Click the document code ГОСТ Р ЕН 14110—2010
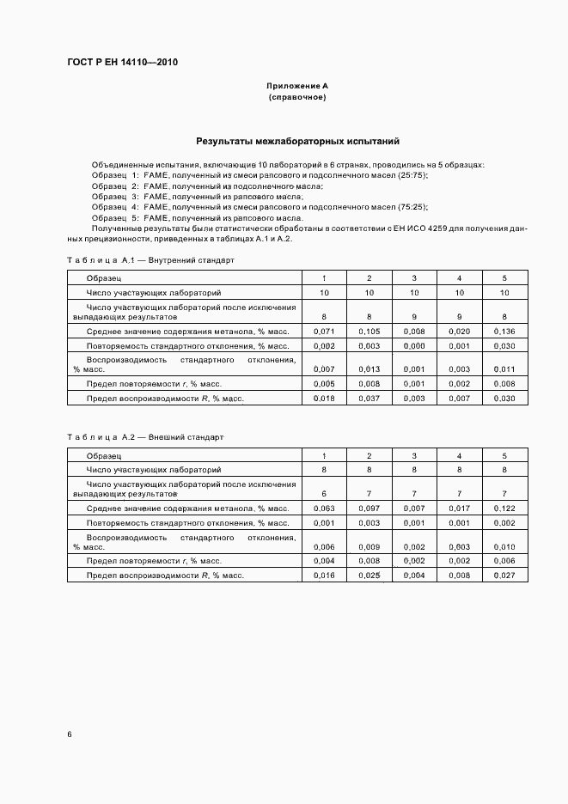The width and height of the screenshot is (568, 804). point(122,62)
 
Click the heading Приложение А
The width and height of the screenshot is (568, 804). point(297,87)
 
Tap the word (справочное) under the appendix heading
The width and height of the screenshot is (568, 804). point(297,98)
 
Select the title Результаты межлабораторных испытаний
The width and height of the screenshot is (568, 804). point(297,141)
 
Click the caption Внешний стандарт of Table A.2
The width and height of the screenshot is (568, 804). point(186,437)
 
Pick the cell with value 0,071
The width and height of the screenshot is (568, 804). point(323,331)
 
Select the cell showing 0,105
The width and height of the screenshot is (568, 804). point(369,331)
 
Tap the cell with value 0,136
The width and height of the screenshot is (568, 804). point(504,331)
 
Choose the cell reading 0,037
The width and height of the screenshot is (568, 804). point(369,399)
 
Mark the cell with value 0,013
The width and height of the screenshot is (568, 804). point(369,368)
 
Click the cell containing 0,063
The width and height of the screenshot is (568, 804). point(323,509)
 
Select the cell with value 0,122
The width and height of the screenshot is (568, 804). point(504,509)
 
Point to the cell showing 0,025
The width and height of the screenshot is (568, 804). point(369,574)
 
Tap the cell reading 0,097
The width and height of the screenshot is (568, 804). point(369,509)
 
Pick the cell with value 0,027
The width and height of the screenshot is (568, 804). point(504,574)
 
